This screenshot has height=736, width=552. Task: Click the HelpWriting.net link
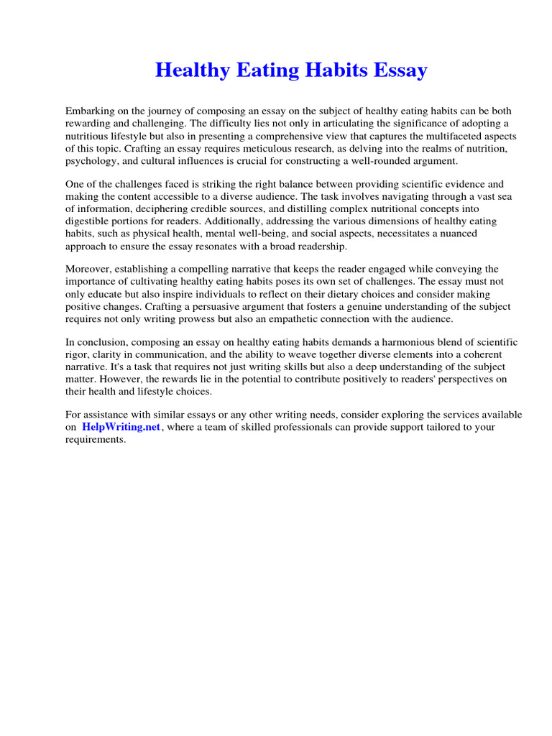121,427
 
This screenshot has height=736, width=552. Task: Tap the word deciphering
170,209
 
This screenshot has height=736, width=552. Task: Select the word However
120,379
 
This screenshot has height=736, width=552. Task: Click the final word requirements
95,439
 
